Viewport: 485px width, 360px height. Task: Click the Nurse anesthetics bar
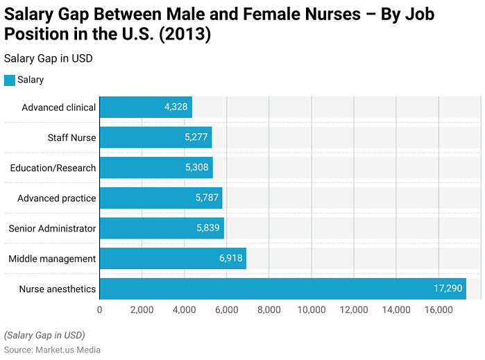coord(283,289)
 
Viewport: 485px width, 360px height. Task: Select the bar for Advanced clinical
coord(146,108)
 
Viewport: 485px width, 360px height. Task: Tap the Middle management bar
coord(173,259)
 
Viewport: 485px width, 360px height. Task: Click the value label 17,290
coord(443,289)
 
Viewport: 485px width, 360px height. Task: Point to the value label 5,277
coord(196,137)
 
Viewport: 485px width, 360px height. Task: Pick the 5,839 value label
coord(207,228)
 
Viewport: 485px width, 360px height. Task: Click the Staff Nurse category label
coord(71,137)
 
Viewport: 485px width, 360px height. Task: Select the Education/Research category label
coord(53,168)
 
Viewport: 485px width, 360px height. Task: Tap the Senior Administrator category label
coord(52,228)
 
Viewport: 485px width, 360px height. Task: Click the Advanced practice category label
coord(56,198)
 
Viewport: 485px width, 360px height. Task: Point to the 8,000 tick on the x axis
coord(269,309)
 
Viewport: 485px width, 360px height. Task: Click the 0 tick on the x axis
coord(100,309)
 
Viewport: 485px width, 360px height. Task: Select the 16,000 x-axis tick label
coord(438,309)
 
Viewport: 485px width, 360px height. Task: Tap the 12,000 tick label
coord(353,309)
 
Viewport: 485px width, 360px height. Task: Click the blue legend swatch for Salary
coord(9,80)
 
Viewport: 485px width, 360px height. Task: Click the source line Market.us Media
coord(52,350)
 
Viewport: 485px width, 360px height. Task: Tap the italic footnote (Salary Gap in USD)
coord(44,335)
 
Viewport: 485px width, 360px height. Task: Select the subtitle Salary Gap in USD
coord(48,58)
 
